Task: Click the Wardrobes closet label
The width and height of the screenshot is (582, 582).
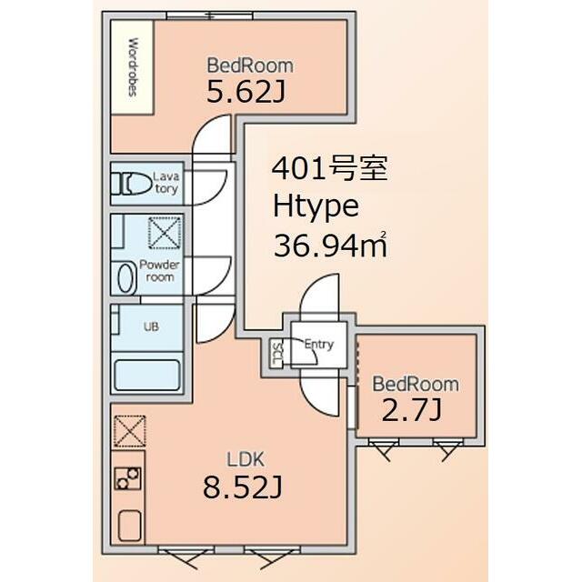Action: (x=133, y=66)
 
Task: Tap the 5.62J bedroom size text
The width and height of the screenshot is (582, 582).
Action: (x=246, y=92)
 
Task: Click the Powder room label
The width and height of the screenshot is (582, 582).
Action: (x=160, y=271)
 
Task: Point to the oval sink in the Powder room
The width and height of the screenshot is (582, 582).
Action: (x=127, y=276)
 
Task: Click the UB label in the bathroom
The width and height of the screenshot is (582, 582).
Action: (x=151, y=326)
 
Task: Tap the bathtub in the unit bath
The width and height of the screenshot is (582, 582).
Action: (x=147, y=375)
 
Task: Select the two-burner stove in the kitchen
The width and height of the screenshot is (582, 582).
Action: (x=127, y=477)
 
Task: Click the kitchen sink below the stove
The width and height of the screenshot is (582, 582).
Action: (x=129, y=526)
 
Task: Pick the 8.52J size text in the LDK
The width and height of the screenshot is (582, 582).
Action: (x=243, y=487)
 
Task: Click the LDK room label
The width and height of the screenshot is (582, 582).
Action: (x=246, y=459)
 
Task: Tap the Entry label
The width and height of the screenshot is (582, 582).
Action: (x=319, y=345)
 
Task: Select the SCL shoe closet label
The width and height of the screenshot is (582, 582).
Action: (x=277, y=354)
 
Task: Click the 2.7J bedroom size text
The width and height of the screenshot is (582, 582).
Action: (x=412, y=411)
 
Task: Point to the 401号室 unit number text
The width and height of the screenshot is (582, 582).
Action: (x=330, y=168)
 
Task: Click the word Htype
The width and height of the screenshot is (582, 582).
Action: (x=316, y=207)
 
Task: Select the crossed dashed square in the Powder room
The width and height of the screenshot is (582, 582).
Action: (x=165, y=233)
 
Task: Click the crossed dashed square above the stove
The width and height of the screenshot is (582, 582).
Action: (x=129, y=431)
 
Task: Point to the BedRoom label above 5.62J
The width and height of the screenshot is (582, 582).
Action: (x=250, y=65)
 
